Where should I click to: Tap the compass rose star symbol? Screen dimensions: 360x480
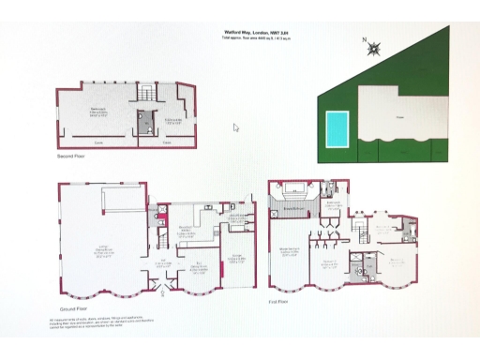click(x=374, y=49)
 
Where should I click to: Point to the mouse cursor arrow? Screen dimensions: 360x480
click(x=236, y=127)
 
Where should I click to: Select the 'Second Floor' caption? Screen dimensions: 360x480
click(x=70, y=157)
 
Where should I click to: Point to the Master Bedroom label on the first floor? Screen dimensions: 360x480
click(x=289, y=248)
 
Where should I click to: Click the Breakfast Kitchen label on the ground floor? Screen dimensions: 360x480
click(x=186, y=229)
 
